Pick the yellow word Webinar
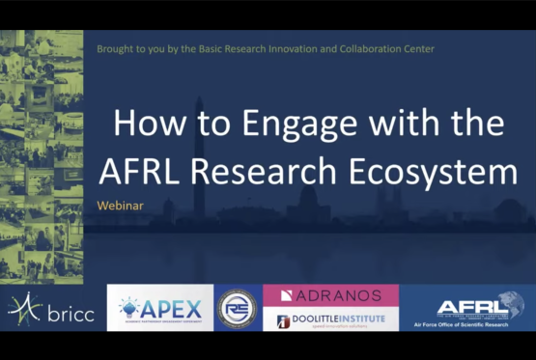pos(122,206)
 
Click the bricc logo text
pos(70,312)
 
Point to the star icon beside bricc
pos(23,308)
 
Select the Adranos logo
pos(330,294)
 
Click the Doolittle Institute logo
pos(330,320)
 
